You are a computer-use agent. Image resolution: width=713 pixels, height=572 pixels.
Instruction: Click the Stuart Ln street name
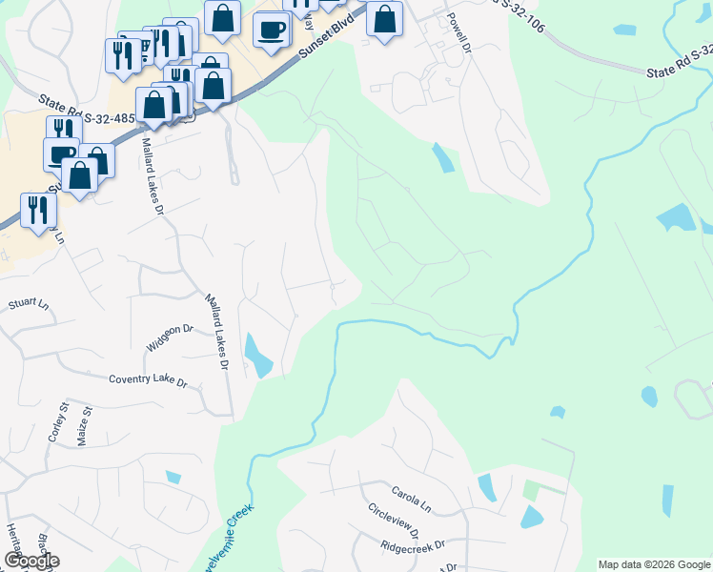[x=28, y=304]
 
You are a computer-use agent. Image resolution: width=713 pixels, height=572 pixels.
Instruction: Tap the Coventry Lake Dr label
[x=148, y=380]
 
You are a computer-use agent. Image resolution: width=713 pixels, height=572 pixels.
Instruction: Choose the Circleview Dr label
[x=398, y=522]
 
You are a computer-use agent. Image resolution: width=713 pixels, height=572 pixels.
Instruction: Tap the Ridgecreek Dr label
[x=412, y=547]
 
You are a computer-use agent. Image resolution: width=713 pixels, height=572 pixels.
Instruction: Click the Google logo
[x=31, y=561]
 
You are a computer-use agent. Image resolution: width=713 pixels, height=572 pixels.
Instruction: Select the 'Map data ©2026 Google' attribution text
[x=654, y=564]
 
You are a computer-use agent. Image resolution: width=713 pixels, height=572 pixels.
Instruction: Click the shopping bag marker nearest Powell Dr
[x=384, y=18]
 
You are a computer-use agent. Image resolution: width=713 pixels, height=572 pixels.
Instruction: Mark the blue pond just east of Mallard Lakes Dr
[x=257, y=355]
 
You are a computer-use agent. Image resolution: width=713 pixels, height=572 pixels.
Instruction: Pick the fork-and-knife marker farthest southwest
[x=38, y=209]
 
